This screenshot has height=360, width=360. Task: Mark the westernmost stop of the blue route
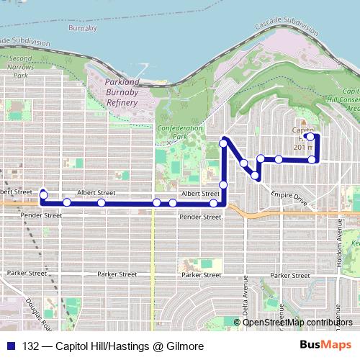pos(44,194)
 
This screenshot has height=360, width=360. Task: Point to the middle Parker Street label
pos(117,274)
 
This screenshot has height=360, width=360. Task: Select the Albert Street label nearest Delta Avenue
pos(199,194)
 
